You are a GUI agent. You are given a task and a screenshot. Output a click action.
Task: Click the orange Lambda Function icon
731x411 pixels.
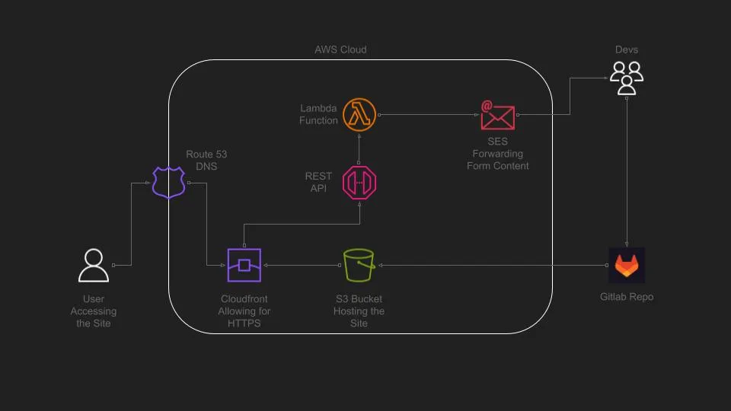click(360, 115)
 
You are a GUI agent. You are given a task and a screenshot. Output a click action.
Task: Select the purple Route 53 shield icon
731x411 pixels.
click(169, 183)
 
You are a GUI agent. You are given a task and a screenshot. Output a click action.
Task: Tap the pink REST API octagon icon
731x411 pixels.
click(360, 183)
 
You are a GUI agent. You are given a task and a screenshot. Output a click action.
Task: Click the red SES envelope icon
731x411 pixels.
click(497, 115)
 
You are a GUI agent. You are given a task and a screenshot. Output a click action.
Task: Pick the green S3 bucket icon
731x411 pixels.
click(359, 266)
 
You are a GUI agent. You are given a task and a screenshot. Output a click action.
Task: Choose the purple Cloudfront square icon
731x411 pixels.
click(244, 266)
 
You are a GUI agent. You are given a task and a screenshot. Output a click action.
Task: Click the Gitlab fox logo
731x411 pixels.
click(627, 266)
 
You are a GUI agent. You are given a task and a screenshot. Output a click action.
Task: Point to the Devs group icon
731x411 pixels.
click(627, 78)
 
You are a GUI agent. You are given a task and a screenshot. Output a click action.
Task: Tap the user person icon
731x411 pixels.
click(94, 266)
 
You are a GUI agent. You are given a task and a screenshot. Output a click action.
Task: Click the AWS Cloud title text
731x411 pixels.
click(340, 49)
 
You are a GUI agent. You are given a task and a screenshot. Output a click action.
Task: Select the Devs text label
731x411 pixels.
click(627, 49)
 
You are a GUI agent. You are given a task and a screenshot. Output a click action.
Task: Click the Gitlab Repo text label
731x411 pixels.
click(627, 297)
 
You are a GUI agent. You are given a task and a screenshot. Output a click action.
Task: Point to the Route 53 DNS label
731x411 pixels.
click(206, 161)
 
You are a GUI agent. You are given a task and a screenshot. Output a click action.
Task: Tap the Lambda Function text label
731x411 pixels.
click(318, 115)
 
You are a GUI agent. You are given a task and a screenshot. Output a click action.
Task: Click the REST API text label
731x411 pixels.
click(318, 182)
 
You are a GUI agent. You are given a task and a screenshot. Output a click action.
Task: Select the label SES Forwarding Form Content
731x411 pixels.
click(497, 154)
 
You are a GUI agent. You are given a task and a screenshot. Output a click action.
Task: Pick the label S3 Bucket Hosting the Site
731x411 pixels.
click(359, 311)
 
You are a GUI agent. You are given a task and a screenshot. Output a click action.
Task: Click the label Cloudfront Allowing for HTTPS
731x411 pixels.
click(244, 311)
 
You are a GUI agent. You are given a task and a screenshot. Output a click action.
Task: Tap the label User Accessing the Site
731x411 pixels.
click(94, 311)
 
